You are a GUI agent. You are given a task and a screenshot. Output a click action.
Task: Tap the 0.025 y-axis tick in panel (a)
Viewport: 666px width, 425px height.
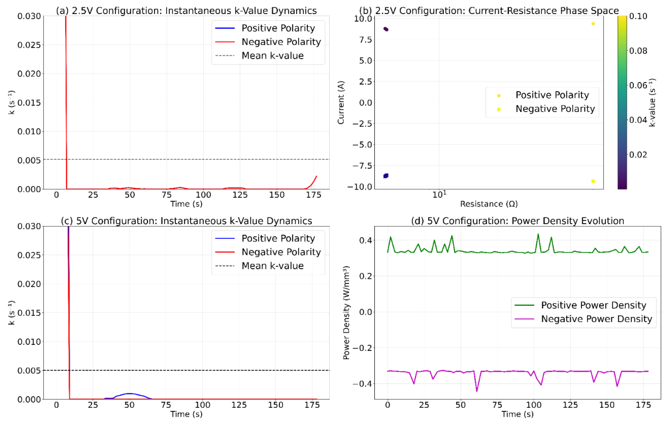pyautogui.click(x=29, y=45)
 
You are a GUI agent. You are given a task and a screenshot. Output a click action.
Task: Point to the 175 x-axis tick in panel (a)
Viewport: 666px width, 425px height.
pyautogui.click(x=314, y=195)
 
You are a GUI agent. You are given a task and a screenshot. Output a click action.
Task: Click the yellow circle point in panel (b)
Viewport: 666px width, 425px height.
pyautogui.click(x=593, y=24)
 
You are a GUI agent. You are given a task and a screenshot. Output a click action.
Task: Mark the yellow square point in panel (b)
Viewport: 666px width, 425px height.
pyautogui.click(x=593, y=181)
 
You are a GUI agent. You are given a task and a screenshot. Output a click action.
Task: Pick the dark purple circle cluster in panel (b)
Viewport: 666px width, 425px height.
pyautogui.click(x=386, y=29)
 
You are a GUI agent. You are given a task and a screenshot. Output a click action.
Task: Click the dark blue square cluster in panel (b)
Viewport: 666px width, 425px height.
pyautogui.click(x=386, y=176)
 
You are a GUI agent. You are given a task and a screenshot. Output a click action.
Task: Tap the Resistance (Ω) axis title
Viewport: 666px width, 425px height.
pyautogui.click(x=489, y=204)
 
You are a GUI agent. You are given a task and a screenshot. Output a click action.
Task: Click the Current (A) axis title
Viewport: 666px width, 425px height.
pyautogui.click(x=341, y=102)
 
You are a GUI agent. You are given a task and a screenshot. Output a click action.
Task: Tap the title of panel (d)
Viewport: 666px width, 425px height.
pyautogui.click(x=517, y=221)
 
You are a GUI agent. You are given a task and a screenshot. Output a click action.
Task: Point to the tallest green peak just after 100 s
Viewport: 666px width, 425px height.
pyautogui.click(x=538, y=234)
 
